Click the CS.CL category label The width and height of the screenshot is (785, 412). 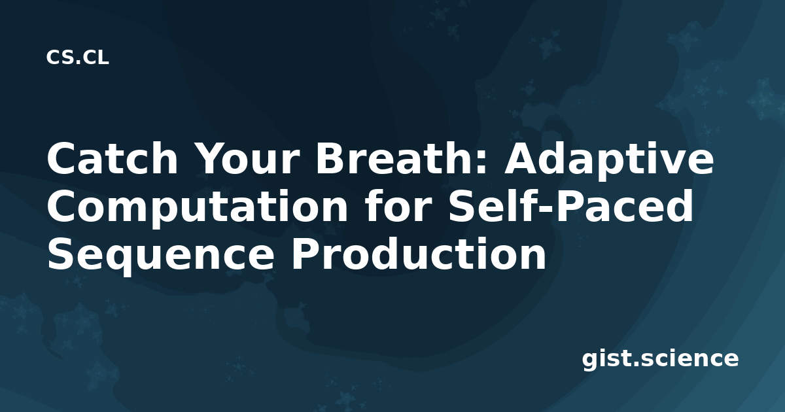click(x=77, y=58)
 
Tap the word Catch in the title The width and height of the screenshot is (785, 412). click(x=113, y=158)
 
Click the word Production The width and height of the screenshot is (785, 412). click(x=419, y=253)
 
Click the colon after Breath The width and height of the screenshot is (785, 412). click(x=481, y=162)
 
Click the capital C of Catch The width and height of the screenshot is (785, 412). click(x=61, y=158)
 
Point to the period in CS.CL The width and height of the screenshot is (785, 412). click(x=78, y=63)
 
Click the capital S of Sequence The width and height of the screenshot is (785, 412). click(x=61, y=254)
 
